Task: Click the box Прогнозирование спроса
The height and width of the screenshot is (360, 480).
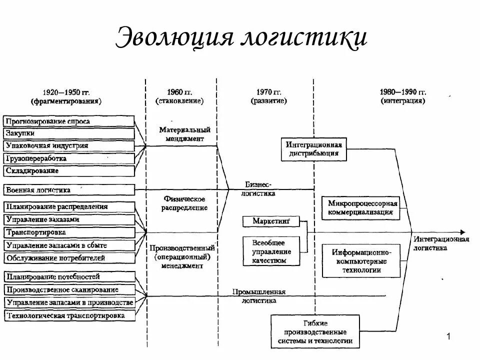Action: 69,121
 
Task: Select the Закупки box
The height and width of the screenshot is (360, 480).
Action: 69,133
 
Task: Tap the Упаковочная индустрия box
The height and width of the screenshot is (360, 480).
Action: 69,146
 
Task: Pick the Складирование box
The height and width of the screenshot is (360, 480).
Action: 69,171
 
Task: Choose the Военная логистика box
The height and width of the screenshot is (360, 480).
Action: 69,190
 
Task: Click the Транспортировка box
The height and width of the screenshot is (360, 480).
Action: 69,232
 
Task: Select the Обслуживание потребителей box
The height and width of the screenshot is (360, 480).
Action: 69,258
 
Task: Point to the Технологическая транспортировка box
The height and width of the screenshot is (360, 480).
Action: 69,315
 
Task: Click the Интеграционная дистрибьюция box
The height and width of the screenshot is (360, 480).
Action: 313,149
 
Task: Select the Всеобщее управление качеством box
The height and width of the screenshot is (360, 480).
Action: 271,250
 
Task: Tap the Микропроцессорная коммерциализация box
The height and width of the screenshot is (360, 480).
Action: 361,208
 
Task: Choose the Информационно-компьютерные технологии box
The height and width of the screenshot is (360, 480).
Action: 361,260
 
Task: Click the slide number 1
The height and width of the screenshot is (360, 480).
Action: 448,337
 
